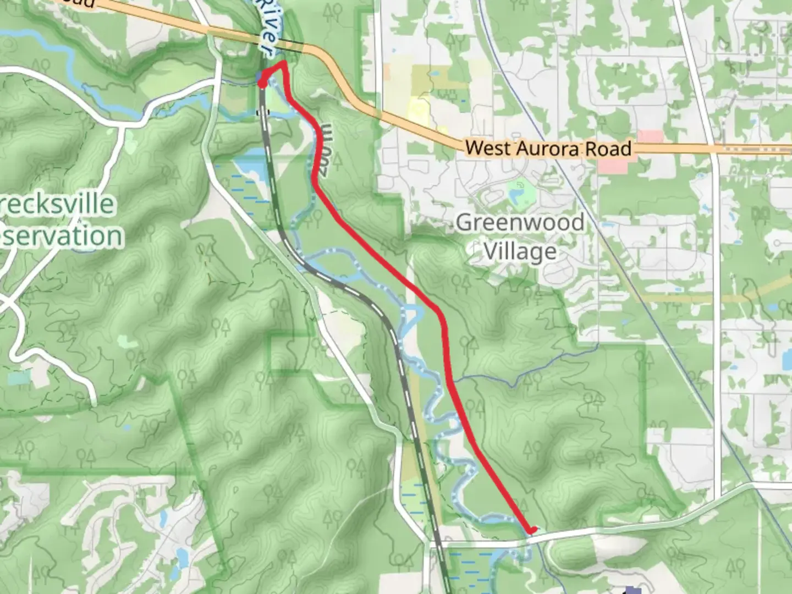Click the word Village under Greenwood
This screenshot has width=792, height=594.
(520, 252)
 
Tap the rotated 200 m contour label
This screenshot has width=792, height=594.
(324, 150)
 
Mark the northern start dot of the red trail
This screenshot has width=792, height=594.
(262, 83)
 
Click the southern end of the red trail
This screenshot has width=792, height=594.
(532, 530)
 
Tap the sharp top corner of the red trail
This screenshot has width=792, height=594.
(283, 64)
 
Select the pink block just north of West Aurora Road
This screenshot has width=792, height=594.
(651, 136)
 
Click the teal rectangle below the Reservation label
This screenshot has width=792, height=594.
(19, 378)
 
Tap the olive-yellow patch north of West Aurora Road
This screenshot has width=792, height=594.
(419, 110)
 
